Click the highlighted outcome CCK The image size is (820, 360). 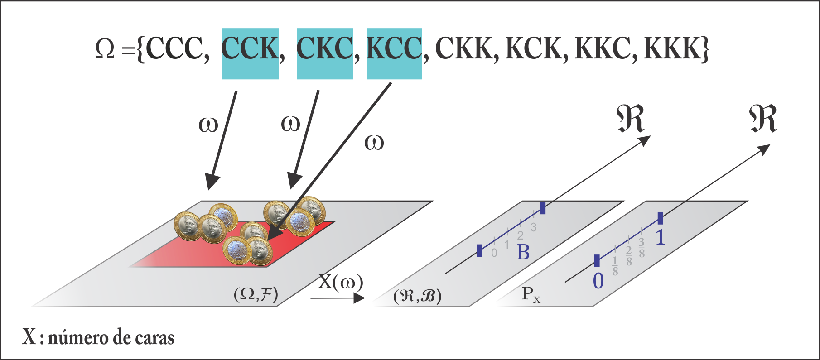[x=250, y=48]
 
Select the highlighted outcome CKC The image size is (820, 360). [x=324, y=48]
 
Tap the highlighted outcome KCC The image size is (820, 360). [x=394, y=48]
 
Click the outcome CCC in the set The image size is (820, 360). [x=174, y=48]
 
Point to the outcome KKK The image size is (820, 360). [x=673, y=48]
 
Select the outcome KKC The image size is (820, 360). [x=603, y=48]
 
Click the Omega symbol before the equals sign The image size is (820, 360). [x=105, y=48]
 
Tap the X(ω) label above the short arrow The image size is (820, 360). [x=341, y=282]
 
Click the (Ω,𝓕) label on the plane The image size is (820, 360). [x=256, y=294]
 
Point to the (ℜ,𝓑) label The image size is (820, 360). [x=417, y=296]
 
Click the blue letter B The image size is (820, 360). [x=523, y=253]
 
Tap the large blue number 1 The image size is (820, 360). [x=661, y=237]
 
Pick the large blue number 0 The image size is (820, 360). [x=598, y=281]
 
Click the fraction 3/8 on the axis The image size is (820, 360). [x=642, y=248]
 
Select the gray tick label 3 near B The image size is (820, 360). [x=534, y=227]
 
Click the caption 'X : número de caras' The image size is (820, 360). [x=98, y=338]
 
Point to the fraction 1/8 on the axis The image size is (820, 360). [x=615, y=266]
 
